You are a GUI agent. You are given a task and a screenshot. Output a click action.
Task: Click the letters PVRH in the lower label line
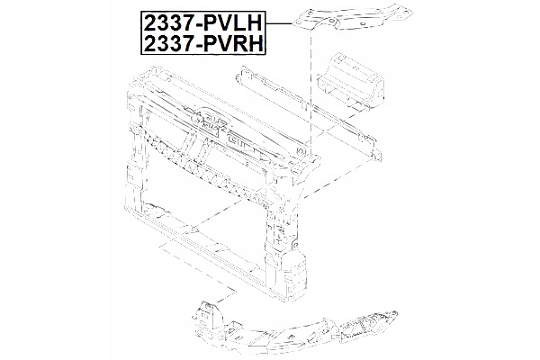[x=244, y=43]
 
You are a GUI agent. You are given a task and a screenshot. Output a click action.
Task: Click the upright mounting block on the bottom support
[x=209, y=315]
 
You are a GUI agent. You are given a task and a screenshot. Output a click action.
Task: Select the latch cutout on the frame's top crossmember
[x=241, y=139]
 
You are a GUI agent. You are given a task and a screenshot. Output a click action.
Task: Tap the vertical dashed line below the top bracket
[x=311, y=90]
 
